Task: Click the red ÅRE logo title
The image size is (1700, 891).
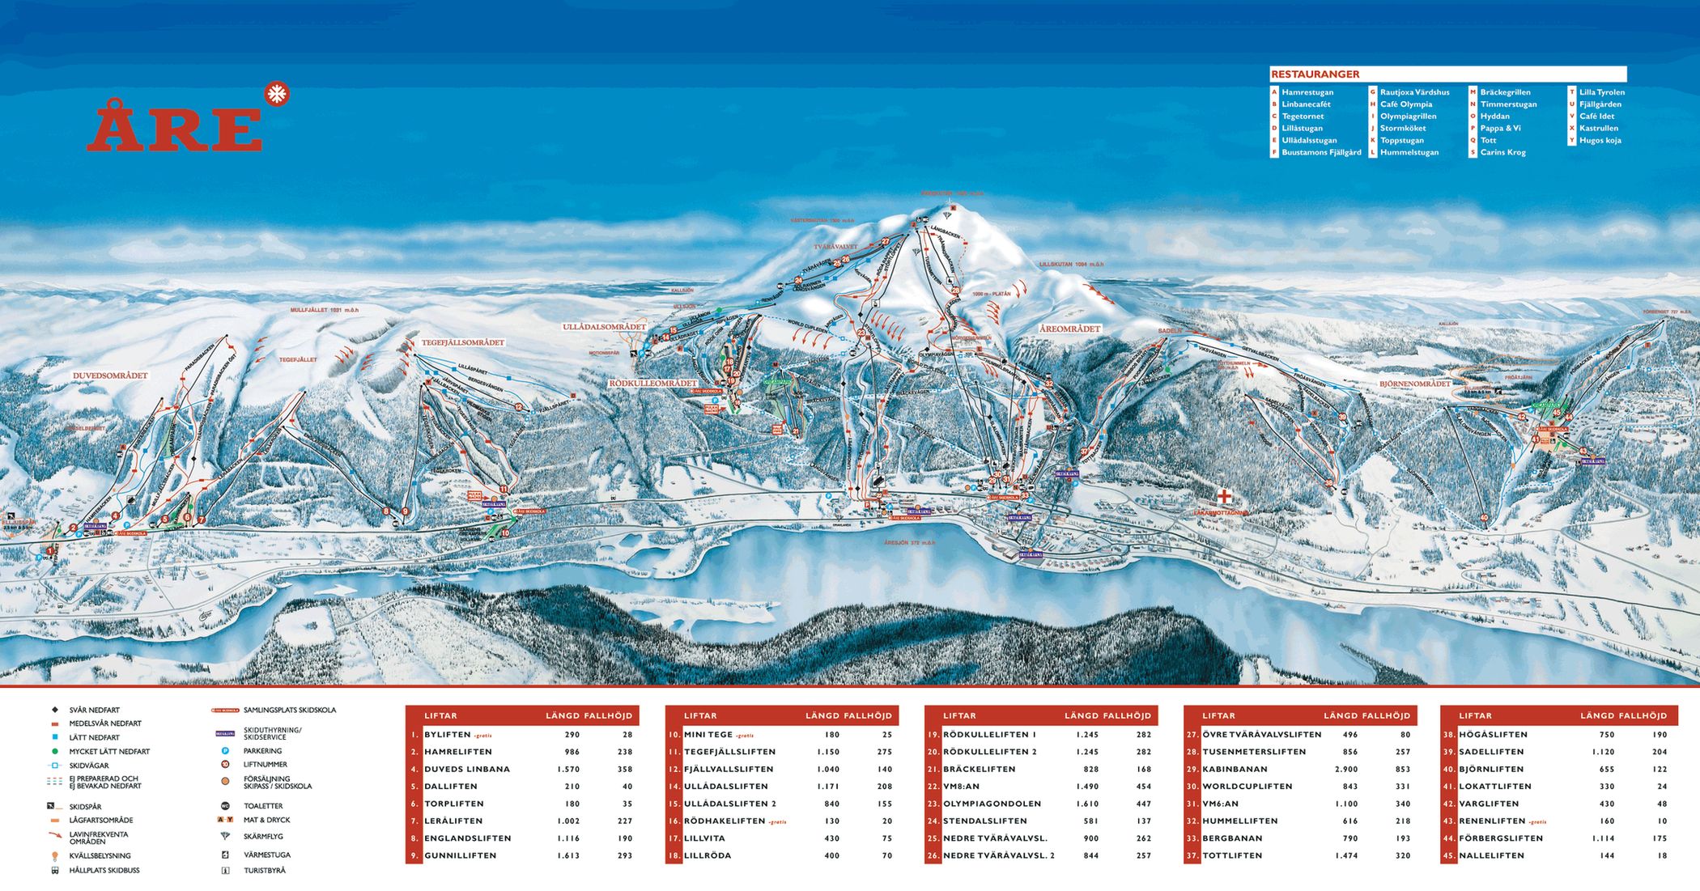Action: (174, 126)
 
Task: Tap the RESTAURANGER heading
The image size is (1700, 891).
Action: (1303, 74)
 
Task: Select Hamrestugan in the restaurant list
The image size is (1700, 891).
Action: (1307, 92)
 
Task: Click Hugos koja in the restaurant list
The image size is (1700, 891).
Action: (1600, 140)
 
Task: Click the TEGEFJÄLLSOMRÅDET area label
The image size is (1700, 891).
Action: (462, 342)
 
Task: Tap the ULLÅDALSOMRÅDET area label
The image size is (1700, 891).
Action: (604, 327)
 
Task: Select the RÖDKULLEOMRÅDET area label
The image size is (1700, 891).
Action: (652, 383)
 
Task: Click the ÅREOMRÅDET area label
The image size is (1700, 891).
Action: (1069, 329)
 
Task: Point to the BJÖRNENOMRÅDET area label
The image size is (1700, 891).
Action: (1414, 384)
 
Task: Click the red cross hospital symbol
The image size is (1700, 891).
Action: (1224, 495)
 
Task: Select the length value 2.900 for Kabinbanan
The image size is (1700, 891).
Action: (1346, 769)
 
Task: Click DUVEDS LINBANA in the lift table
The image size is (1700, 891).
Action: (466, 769)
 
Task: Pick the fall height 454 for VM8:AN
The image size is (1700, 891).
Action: (1143, 786)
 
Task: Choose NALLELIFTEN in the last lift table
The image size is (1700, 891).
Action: (1491, 855)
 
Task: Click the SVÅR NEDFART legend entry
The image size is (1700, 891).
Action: (94, 710)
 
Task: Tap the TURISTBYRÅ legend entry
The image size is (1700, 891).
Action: (264, 871)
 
